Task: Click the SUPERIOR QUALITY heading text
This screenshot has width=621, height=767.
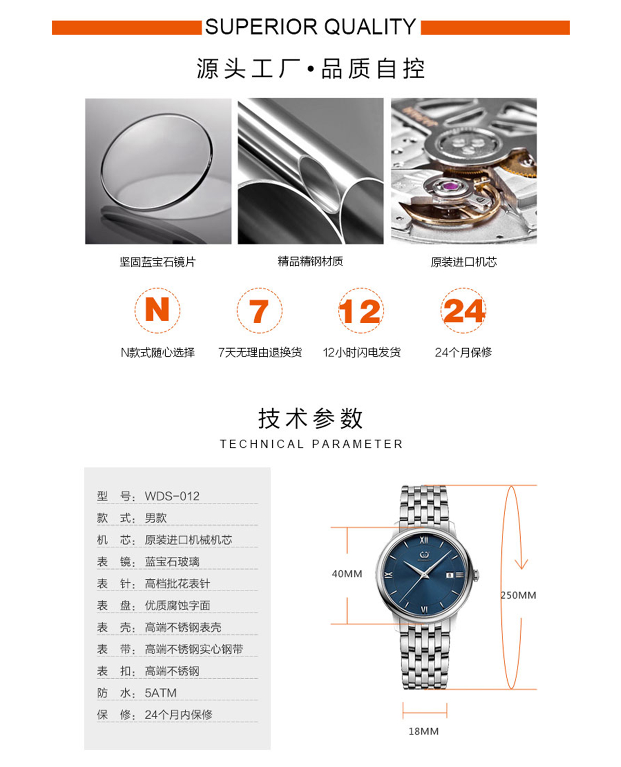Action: click(x=310, y=27)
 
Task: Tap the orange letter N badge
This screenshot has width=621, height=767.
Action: click(x=157, y=310)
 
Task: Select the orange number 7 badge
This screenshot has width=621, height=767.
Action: click(x=259, y=311)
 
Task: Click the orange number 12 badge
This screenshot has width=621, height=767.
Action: click(x=361, y=311)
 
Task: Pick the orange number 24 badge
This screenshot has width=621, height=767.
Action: click(x=463, y=311)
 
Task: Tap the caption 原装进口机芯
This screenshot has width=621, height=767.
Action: click(x=463, y=262)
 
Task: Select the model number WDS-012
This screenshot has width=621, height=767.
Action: click(x=172, y=496)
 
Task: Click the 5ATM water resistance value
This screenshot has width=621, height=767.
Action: click(x=160, y=693)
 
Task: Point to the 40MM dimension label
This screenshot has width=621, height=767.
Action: click(x=347, y=574)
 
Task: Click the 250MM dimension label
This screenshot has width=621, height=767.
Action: click(x=519, y=595)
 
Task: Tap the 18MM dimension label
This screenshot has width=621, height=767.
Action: click(x=423, y=731)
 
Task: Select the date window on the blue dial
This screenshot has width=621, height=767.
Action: click(x=450, y=575)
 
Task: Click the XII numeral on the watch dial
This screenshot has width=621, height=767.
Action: click(x=424, y=540)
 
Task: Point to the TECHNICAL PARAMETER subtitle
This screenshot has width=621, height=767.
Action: click(x=310, y=444)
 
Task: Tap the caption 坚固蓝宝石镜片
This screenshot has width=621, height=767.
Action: click(x=157, y=262)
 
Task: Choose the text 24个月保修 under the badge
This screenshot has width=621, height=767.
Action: click(x=463, y=352)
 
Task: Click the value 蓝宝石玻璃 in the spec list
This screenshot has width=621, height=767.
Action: click(x=172, y=562)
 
